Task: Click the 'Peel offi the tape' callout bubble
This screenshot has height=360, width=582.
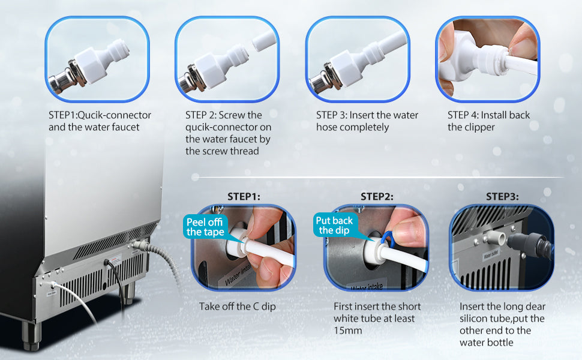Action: pos(205,227)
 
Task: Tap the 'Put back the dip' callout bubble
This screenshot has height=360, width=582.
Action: pos(334,225)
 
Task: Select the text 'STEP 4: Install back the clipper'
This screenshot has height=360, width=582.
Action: pos(488,121)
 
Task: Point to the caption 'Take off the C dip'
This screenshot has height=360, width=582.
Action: pos(238,307)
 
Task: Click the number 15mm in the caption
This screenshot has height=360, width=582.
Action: pos(348,331)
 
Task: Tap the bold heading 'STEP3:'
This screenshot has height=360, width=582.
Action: pos(502,196)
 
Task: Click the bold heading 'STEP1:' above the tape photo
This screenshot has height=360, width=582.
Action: pos(244,196)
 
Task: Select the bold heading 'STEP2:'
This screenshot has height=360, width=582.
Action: pos(377,196)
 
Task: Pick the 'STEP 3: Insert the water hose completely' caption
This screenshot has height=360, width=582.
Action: pos(367,121)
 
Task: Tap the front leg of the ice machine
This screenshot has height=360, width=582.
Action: pos(31,335)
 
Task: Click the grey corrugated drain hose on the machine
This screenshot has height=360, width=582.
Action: pos(163,263)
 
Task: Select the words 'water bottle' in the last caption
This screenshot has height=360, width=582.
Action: pos(487,343)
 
